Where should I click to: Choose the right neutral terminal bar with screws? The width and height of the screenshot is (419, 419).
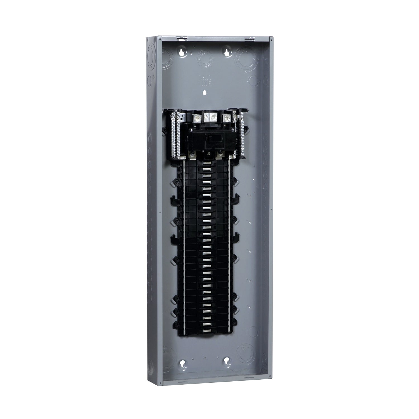point(242,128)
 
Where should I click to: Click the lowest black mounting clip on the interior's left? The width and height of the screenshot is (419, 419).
point(176,324)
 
